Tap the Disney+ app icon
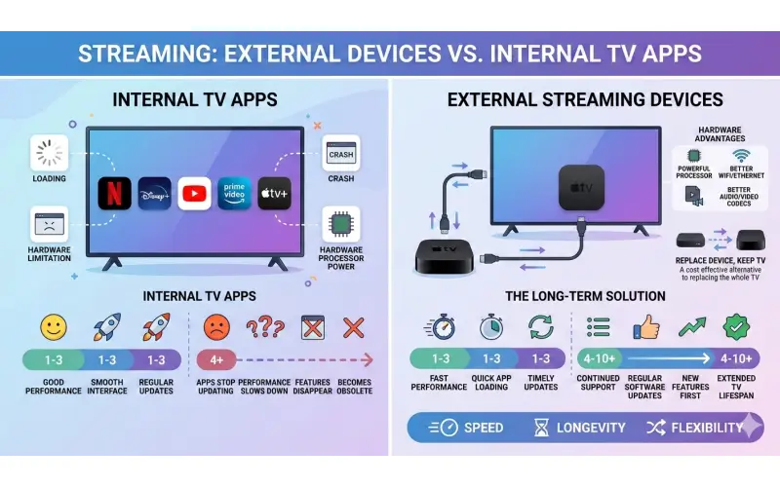[155, 193]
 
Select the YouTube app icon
[195, 193]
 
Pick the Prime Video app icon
[235, 193]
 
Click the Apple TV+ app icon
[275, 193]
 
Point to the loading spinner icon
[49, 152]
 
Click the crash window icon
[341, 154]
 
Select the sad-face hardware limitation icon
[49, 224]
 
